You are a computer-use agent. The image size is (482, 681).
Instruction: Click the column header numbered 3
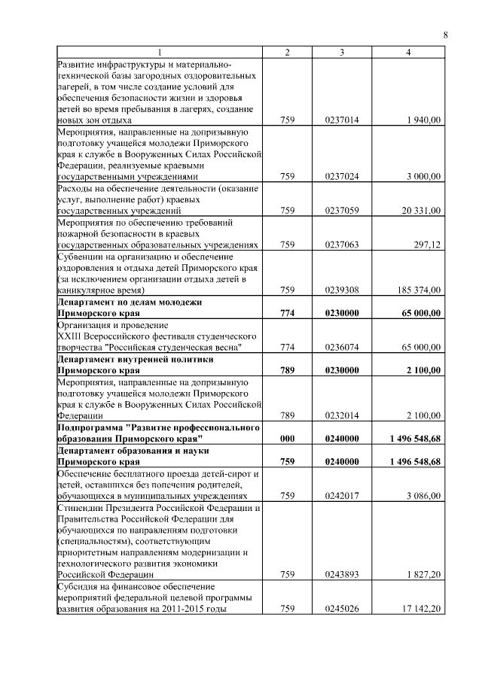point(342,52)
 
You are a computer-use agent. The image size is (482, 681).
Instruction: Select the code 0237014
point(342,120)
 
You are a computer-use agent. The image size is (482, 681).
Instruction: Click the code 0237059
point(342,211)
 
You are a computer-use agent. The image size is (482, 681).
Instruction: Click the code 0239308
point(342,290)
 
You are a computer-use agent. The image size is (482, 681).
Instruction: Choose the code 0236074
point(342,347)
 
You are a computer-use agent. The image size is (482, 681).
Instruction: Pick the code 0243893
point(342,574)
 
